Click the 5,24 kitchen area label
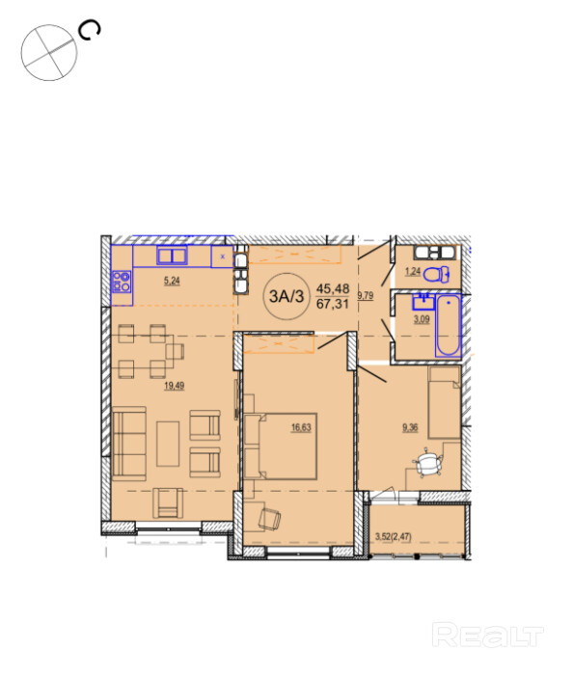coord(172,281)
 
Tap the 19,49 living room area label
coord(174,386)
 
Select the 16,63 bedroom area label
coord(301,427)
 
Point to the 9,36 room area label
coord(410,427)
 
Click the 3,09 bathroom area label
coord(422,319)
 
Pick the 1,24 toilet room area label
coord(412,272)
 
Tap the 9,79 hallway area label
coord(366,296)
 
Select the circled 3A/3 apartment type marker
coord(286,296)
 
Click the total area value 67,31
coord(333,304)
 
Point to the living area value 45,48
coord(333,288)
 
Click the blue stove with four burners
coord(122,282)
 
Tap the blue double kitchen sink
coord(172,256)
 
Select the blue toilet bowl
coord(436,274)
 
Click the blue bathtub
coord(448,326)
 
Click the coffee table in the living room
coord(168,444)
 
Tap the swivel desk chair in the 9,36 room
coord(428,463)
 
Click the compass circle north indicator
coord(49,53)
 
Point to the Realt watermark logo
coord(487,636)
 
